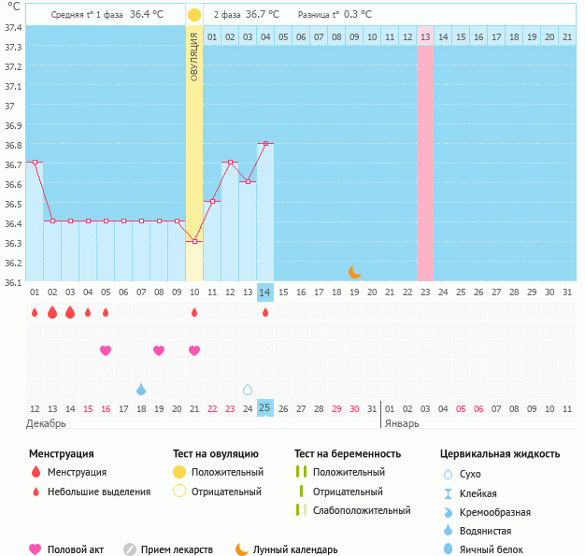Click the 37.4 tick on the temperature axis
click(x=13, y=27)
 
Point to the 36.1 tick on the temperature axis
click(x=13, y=281)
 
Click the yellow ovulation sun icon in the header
click(x=193, y=15)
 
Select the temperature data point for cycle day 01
click(x=35, y=162)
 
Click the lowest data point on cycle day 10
click(x=194, y=241)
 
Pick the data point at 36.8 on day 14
click(x=265, y=143)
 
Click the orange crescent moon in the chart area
click(x=355, y=272)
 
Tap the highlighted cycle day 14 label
click(x=265, y=292)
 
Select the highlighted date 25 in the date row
click(x=265, y=408)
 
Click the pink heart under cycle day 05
click(x=106, y=350)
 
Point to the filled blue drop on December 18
click(x=141, y=389)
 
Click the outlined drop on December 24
click(x=248, y=389)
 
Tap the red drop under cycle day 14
click(x=265, y=312)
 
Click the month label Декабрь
click(x=48, y=423)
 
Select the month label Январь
click(x=403, y=423)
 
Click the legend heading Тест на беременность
click(x=347, y=454)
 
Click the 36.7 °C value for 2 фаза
click(x=263, y=15)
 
